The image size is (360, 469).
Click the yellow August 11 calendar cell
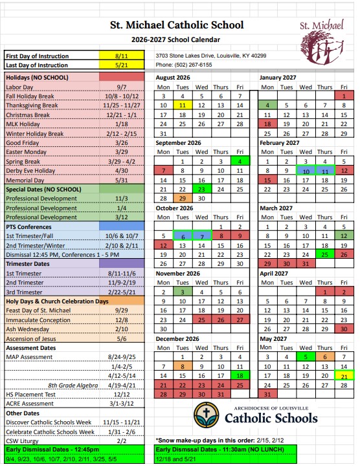click(x=183, y=105)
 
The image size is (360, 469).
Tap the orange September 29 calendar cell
click(x=183, y=199)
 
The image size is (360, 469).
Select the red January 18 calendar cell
click(x=267, y=124)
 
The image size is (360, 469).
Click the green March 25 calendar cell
click(x=325, y=254)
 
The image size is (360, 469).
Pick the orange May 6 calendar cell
click(x=325, y=357)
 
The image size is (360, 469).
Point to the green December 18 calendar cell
click(x=240, y=376)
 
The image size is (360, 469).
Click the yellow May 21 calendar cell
click(x=344, y=376)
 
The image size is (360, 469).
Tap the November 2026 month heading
click(x=177, y=274)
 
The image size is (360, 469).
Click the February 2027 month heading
click(x=280, y=143)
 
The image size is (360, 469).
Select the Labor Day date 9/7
click(x=122, y=87)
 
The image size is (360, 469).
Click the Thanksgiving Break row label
click(x=32, y=105)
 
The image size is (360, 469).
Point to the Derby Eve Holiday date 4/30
click(x=122, y=171)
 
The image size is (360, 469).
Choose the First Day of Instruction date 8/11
click(x=122, y=56)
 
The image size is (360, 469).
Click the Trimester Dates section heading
click(x=28, y=264)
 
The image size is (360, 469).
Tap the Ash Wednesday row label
click(x=28, y=329)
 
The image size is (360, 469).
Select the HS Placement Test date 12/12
click(x=122, y=395)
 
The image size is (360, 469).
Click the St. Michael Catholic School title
click(x=177, y=25)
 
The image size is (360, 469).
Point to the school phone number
click(x=184, y=65)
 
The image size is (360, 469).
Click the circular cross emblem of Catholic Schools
click(x=207, y=415)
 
